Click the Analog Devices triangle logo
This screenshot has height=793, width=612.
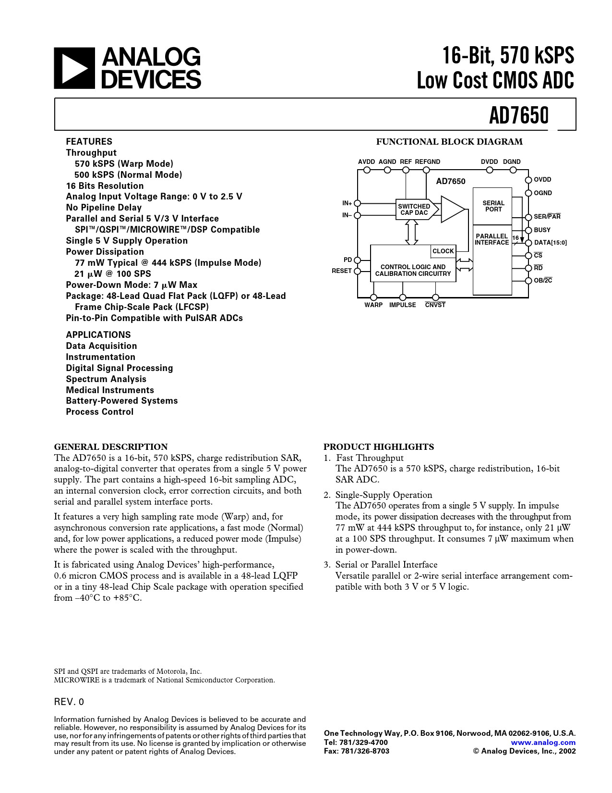72,68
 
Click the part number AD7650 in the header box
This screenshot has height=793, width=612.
518,115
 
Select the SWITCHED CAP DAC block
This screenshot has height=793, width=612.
414,210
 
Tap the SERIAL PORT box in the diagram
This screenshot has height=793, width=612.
493,206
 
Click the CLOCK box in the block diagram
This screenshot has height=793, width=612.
443,251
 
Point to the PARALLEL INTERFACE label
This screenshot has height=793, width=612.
492,239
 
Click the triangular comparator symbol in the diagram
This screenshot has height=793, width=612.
452,209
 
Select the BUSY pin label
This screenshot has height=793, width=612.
542,230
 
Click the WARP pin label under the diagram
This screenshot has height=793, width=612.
373,305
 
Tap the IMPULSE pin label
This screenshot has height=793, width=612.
402,305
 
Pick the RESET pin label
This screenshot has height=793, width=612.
342,271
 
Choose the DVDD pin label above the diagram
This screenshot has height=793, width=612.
489,162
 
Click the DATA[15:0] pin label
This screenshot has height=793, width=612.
550,243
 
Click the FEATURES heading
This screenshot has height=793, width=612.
89,141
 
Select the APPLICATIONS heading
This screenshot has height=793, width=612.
98,335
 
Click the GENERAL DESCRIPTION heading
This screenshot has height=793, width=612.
111,446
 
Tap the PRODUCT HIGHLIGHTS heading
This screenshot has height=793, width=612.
379,446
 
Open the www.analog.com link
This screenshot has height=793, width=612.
543,742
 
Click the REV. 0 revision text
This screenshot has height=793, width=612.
69,702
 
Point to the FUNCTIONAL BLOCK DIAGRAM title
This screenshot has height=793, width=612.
449,142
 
